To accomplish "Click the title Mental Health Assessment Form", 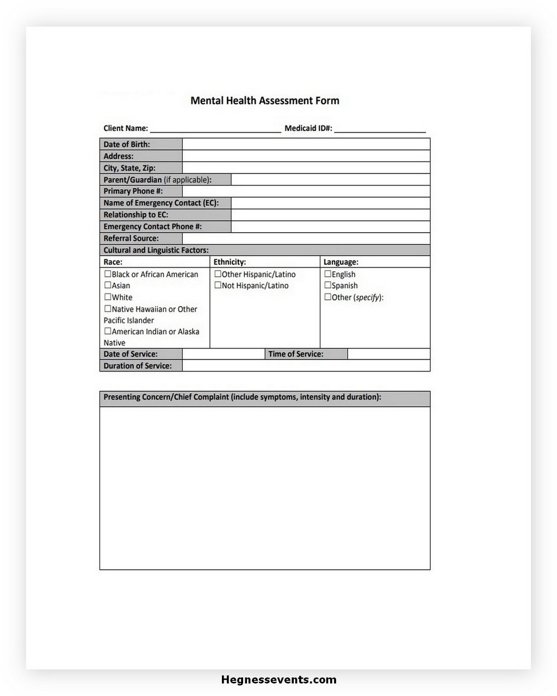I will pyautogui.click(x=264, y=101).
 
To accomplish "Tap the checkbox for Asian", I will pyautogui.click(x=108, y=285).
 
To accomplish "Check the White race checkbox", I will pyautogui.click(x=108, y=297).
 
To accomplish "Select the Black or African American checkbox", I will pyautogui.click(x=108, y=274).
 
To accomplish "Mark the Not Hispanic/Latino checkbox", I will pyautogui.click(x=218, y=285).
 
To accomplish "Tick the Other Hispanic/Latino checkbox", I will pyautogui.click(x=218, y=274).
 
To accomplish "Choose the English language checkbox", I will pyautogui.click(x=327, y=274).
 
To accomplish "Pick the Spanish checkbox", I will pyautogui.click(x=327, y=285).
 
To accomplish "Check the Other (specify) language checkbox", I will pyautogui.click(x=327, y=297).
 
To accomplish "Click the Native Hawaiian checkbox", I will pyautogui.click(x=108, y=309).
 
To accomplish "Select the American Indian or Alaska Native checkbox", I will pyautogui.click(x=108, y=331).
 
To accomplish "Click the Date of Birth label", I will pyautogui.click(x=127, y=144).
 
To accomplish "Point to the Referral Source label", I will pyautogui.click(x=131, y=238).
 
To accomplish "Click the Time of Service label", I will pyautogui.click(x=295, y=354).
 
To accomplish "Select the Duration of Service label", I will pyautogui.click(x=138, y=366).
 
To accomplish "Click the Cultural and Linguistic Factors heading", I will pyautogui.click(x=156, y=250).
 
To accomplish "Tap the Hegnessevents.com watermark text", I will pyautogui.click(x=278, y=680).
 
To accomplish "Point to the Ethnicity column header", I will pyautogui.click(x=230, y=262).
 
